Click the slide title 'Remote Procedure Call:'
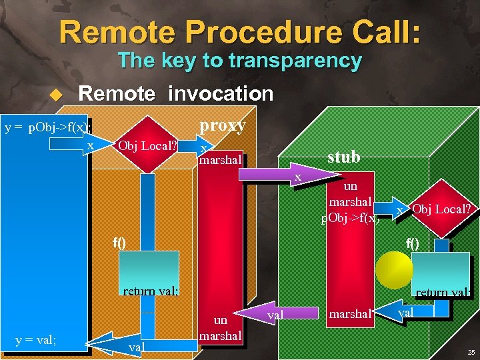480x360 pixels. pos(239,31)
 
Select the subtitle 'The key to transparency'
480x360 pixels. pos(239,61)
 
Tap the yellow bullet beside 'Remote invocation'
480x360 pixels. pos(56,95)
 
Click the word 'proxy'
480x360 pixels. pos(223,125)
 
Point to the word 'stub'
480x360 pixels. pos(343,157)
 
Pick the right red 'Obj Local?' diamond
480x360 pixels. pos(441,209)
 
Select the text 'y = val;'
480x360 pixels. pos(35,341)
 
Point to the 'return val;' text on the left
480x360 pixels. pos(150,291)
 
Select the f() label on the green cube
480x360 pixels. pos(413,243)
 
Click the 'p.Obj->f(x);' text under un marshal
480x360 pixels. pos(351,216)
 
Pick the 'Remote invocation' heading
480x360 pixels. pos(176,94)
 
